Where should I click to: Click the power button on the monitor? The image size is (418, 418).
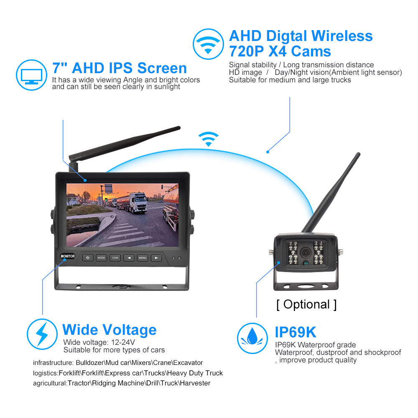[x=88, y=258]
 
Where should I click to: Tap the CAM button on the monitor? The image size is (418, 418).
[x=115, y=258]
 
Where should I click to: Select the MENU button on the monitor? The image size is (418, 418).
[x=143, y=258]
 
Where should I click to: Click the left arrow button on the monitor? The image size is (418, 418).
[x=129, y=258]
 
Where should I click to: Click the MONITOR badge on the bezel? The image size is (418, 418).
[x=68, y=256]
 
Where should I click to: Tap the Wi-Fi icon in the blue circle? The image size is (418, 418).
[x=208, y=44]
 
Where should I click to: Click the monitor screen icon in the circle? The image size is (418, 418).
[x=32, y=75]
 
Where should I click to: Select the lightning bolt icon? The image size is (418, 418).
[x=42, y=334]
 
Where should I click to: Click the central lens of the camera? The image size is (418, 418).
[x=306, y=252]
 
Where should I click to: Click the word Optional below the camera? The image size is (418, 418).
[x=306, y=304]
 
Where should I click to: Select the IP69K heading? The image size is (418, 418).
[x=296, y=332]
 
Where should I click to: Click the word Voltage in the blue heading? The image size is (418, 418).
[x=129, y=330]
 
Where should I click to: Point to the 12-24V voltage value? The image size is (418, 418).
[x=123, y=342]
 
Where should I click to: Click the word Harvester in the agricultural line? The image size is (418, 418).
[x=195, y=383]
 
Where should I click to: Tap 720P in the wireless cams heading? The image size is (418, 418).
[x=246, y=51]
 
